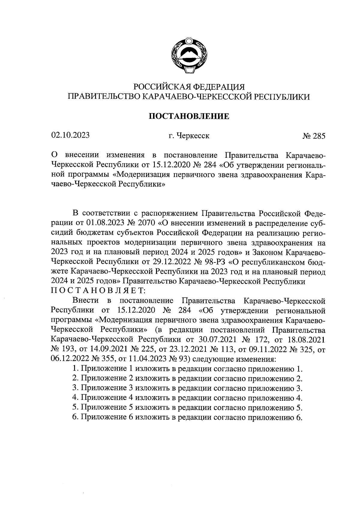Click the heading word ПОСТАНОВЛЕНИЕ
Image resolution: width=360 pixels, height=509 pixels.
tap(189, 116)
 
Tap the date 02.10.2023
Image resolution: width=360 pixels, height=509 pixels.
tap(70, 135)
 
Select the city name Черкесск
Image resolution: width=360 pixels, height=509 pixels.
tap(193, 136)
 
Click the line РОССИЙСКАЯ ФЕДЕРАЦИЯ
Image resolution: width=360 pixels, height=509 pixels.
tap(189, 87)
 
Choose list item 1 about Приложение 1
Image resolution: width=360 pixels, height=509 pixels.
tap(187, 369)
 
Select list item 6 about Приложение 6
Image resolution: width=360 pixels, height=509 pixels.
tap(187, 417)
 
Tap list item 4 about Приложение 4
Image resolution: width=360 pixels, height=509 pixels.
tap(187, 398)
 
